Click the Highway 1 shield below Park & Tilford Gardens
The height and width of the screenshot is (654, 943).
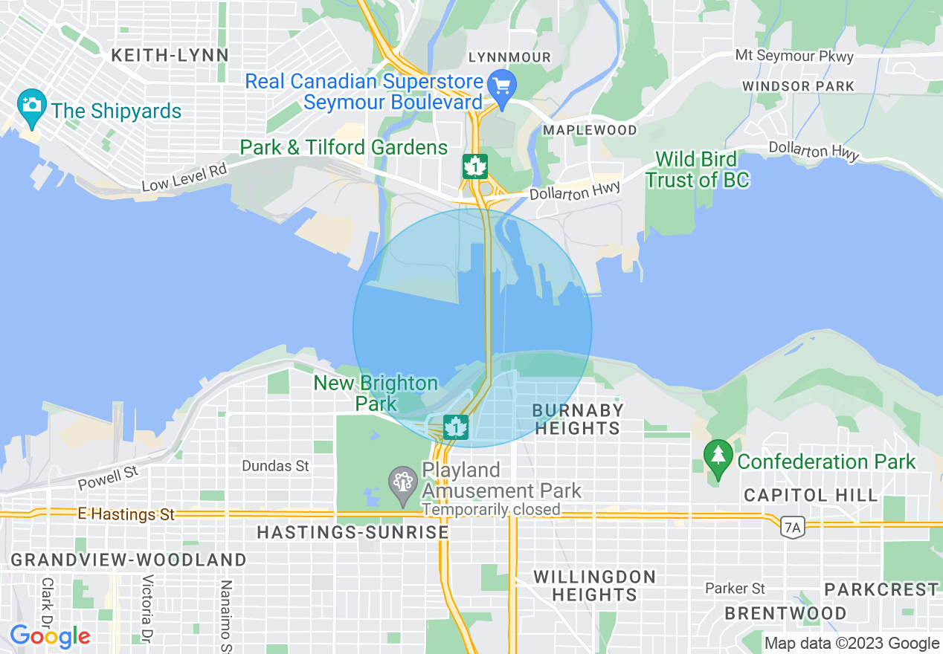point(474,166)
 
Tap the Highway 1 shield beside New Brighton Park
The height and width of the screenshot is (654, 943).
point(455,427)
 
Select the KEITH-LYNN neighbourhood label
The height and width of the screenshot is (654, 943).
point(170,55)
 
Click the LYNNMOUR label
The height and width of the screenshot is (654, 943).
point(509,57)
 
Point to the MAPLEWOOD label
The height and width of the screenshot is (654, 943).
point(590,130)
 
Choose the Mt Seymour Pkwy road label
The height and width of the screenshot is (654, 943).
point(794,56)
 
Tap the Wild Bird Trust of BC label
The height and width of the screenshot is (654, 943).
point(697,169)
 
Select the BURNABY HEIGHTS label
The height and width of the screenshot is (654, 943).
point(577,419)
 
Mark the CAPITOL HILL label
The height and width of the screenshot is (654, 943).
point(794,495)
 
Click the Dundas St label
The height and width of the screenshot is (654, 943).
point(275,466)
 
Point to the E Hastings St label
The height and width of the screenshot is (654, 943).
point(126,514)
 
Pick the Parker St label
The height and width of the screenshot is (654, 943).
point(735,589)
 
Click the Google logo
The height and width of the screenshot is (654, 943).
point(50,636)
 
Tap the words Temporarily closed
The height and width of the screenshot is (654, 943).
point(491,510)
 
